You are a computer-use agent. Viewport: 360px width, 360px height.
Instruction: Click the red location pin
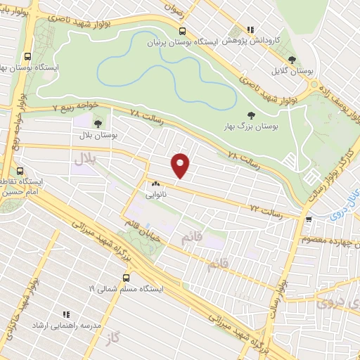[x=181, y=165]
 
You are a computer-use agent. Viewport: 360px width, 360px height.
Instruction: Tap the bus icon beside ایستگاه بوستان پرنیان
[x=183, y=31]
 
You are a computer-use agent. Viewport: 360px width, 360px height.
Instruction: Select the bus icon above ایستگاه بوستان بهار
[x=28, y=56]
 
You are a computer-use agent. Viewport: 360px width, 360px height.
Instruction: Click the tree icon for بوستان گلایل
[x=292, y=60]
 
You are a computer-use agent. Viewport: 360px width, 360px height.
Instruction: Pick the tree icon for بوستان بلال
[x=98, y=124]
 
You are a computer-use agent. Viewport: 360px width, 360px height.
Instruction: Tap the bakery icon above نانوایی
[x=155, y=185]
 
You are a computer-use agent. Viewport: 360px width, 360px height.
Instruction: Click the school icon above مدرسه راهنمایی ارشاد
[x=67, y=315]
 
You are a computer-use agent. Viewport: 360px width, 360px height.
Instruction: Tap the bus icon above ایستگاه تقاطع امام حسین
[x=19, y=171]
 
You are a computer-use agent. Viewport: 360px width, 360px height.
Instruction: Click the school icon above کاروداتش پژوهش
[x=249, y=30]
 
